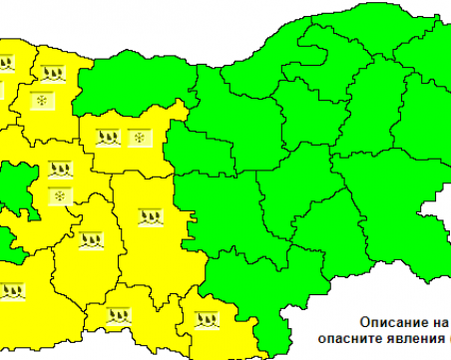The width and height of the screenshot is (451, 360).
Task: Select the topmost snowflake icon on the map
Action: point(41,100)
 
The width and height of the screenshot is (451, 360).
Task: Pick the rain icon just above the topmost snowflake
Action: point(51,72)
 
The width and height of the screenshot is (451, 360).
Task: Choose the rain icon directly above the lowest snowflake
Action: point(61,169)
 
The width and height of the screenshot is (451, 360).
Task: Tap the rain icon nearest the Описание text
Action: point(208,320)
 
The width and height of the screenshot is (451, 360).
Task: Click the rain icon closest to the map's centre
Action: point(150,214)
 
